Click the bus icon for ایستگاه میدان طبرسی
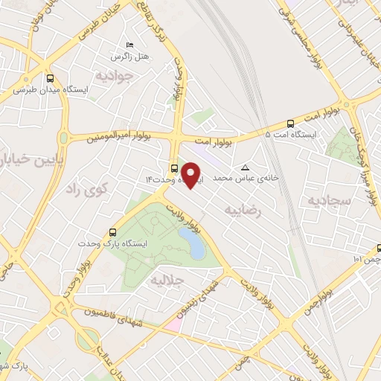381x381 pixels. (x=50, y=77)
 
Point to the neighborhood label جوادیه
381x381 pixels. (x=115, y=75)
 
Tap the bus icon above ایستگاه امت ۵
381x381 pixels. (x=290, y=124)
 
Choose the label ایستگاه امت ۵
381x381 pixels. (x=291, y=135)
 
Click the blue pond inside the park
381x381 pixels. (x=192, y=243)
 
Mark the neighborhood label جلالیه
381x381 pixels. (x=167, y=280)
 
